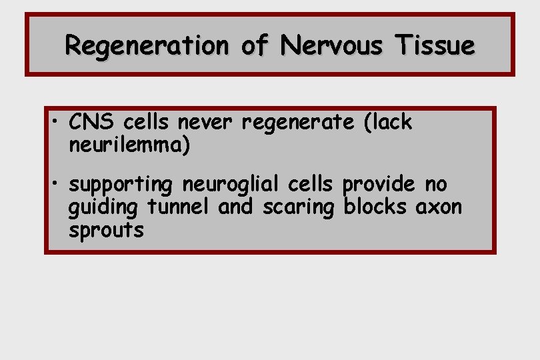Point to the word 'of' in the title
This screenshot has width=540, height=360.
click(x=254, y=46)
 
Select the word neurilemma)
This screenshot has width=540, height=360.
click(x=129, y=146)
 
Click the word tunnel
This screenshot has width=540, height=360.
click(x=179, y=207)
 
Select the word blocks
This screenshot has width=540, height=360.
click(x=376, y=207)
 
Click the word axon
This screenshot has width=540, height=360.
click(x=438, y=207)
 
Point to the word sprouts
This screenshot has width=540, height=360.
click(x=106, y=231)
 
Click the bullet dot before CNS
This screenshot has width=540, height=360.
click(x=58, y=122)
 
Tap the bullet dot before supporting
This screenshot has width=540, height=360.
click(x=58, y=184)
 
